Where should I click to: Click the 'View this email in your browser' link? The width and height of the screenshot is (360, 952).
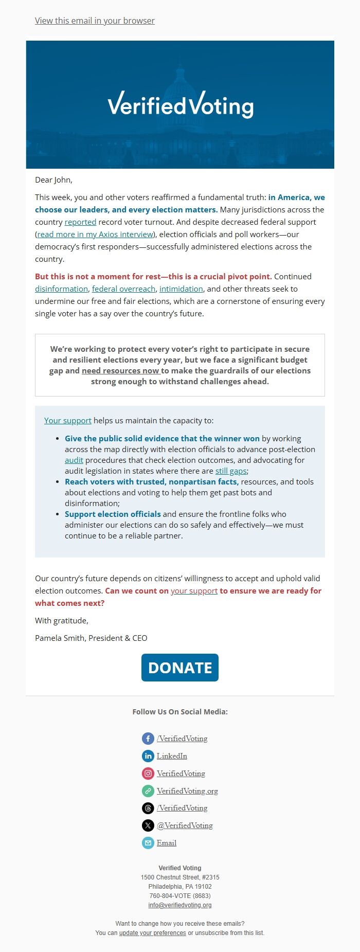tap(95, 21)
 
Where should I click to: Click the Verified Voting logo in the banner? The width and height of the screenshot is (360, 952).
tap(180, 104)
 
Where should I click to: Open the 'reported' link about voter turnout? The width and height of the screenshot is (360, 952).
tap(80, 222)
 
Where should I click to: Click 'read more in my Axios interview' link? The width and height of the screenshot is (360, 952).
tap(95, 235)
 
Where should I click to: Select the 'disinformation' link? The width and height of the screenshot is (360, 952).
tap(61, 289)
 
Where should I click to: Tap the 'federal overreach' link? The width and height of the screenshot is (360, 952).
tap(123, 289)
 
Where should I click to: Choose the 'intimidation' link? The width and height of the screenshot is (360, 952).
tap(181, 289)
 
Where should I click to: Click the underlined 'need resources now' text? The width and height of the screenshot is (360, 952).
tap(120, 371)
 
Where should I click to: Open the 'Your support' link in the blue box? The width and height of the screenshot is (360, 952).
tap(67, 421)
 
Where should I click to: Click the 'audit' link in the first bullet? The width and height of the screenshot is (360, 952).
tap(74, 460)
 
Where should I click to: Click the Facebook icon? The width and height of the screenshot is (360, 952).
tap(148, 739)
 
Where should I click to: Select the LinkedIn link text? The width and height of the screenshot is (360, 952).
tap(172, 756)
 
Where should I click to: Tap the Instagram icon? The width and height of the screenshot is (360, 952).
tap(148, 774)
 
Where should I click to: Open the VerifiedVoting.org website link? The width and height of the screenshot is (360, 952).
tap(187, 791)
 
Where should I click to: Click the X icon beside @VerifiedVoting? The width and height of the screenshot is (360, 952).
tap(148, 825)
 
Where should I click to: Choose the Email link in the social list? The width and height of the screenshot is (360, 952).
tap(167, 843)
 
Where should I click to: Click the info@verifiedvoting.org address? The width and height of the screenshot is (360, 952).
tap(180, 905)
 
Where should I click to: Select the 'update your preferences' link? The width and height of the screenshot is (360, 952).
tap(152, 933)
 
